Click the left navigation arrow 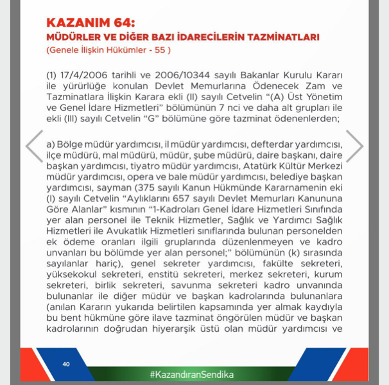click(34, 146)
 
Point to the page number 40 click(66, 364)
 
